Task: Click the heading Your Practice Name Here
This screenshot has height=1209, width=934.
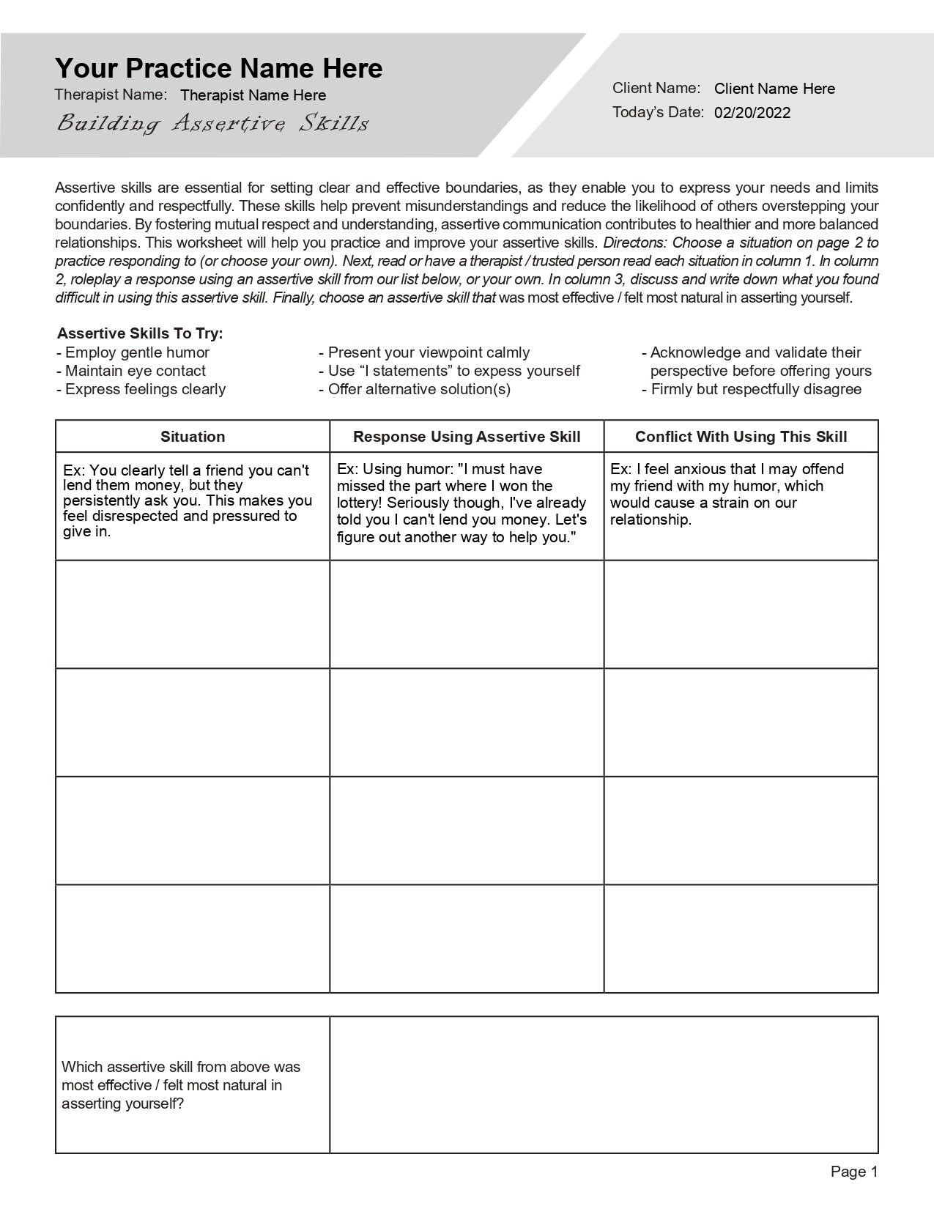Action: tap(218, 68)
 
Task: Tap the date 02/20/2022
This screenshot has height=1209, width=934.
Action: tap(752, 113)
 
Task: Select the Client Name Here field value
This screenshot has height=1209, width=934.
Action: tap(774, 89)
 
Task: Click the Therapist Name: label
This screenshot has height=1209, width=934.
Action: tap(111, 95)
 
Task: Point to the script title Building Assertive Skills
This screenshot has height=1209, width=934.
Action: tap(212, 123)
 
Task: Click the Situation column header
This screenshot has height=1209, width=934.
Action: tap(193, 437)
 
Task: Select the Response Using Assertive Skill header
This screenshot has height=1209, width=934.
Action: tap(467, 437)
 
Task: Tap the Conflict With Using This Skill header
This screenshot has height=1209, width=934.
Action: tap(741, 437)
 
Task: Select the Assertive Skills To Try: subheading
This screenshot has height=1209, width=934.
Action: tap(140, 333)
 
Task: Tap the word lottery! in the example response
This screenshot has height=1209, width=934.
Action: tap(358, 503)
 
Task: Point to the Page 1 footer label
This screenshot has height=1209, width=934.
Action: tap(853, 1172)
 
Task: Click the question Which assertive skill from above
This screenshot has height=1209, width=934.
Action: tap(180, 1067)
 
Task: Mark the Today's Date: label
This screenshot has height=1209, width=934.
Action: tap(657, 112)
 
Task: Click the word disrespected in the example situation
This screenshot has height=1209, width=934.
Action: tap(135, 516)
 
